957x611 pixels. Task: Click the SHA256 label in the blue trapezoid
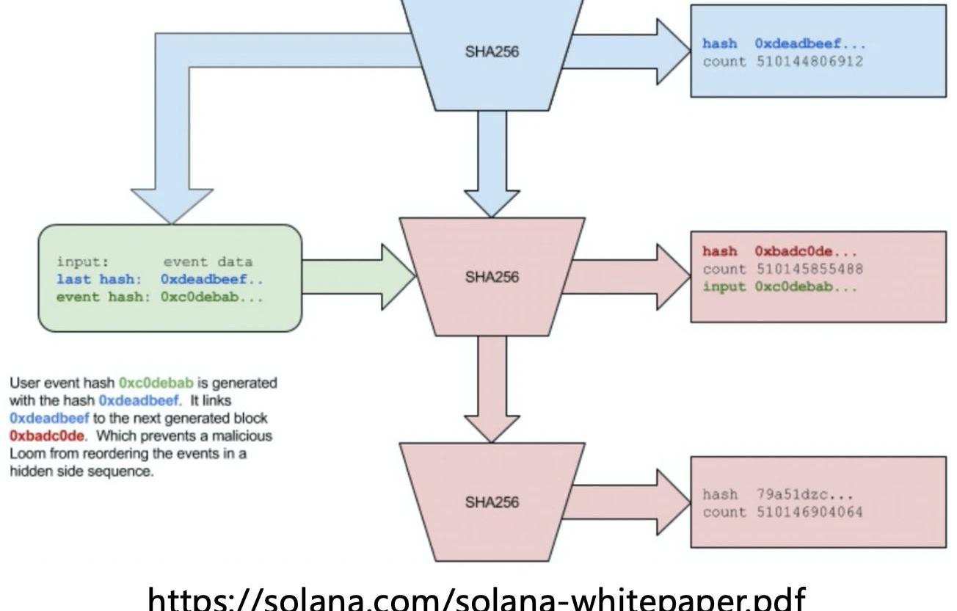[492, 52]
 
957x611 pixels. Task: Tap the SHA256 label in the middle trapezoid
[492, 277]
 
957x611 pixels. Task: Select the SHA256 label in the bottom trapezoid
[492, 502]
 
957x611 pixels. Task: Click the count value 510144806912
[810, 62]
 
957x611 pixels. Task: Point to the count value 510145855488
[810, 270]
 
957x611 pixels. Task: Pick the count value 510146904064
[810, 513]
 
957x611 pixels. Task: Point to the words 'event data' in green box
[208, 262]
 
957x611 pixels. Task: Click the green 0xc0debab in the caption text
[156, 383]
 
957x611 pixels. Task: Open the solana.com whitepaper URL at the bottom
[477, 599]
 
